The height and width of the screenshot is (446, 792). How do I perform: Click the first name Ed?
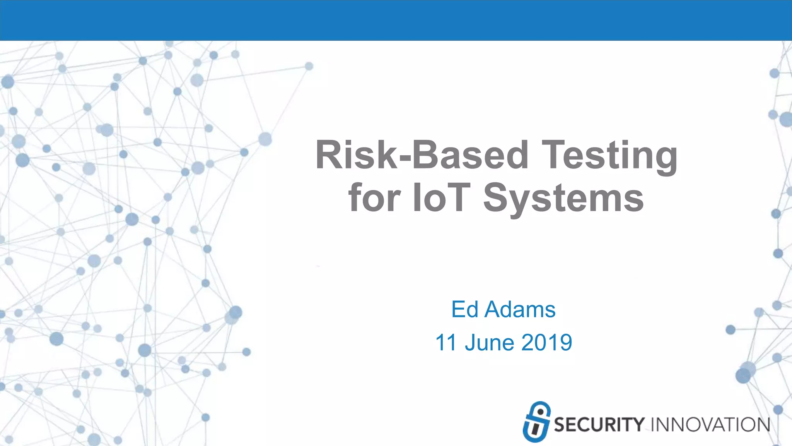click(465, 309)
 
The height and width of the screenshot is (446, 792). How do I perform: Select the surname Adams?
click(520, 309)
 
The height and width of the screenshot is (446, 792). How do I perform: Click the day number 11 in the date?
click(447, 343)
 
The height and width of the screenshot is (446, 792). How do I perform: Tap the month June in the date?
click(490, 343)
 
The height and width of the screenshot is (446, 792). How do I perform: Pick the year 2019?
click(546, 343)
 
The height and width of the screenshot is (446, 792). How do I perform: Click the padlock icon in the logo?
click(536, 422)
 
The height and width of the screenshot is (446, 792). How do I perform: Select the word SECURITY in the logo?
click(599, 425)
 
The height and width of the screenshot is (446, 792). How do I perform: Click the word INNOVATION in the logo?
click(710, 425)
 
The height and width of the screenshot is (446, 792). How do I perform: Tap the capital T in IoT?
click(458, 198)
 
